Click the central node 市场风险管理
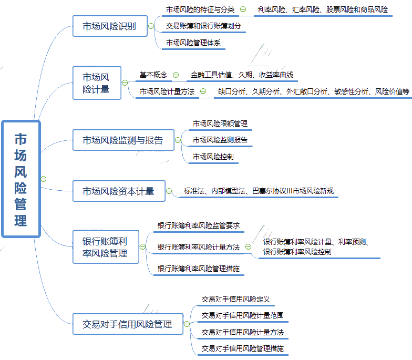(21, 179)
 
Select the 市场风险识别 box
(109, 26)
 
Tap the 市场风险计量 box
(97, 83)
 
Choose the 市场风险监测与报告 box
(123, 140)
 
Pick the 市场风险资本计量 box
(118, 191)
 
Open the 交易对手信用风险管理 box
(127, 324)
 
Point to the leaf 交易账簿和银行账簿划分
(203, 26)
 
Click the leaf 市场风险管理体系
(193, 43)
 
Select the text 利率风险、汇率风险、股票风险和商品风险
(323, 9)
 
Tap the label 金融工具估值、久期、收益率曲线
(242, 75)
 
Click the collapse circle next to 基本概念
(176, 75)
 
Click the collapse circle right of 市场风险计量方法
(203, 91)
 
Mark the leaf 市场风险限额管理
(220, 124)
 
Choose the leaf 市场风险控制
(213, 157)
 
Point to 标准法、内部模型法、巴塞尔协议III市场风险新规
(259, 191)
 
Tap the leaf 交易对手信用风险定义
(235, 299)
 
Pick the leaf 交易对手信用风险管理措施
(242, 348)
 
